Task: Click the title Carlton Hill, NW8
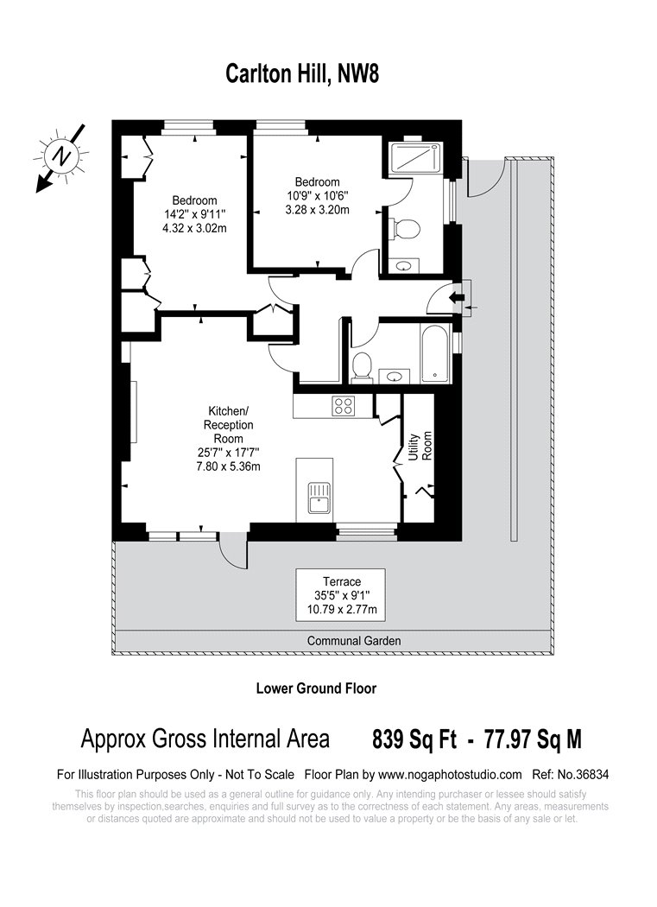301,74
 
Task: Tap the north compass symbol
61,155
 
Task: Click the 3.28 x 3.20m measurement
317,209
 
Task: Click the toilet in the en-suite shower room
404,228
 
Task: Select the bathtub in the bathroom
433,354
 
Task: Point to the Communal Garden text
354,641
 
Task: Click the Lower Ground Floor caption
316,688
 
